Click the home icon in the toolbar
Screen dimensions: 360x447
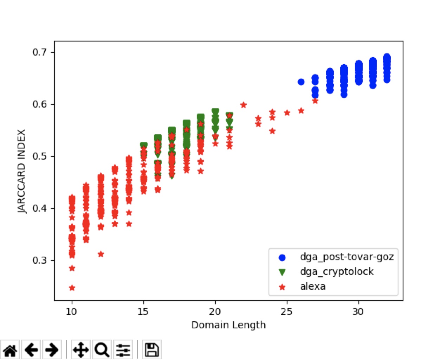pos(10,350)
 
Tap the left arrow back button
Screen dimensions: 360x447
pos(31,350)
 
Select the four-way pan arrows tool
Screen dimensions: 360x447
pos(81,350)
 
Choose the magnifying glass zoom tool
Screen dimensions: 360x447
pos(102,350)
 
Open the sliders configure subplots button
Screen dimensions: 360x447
pos(123,350)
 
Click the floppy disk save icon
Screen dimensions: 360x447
pos(152,350)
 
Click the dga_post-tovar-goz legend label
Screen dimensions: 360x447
pos(346,257)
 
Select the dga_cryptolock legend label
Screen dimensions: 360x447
pos(337,272)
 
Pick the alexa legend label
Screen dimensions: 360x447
pos(313,287)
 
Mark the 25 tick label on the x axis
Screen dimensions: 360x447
pos(287,311)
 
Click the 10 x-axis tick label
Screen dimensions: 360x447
pos(71,311)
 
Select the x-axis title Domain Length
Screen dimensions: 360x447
pos(228,325)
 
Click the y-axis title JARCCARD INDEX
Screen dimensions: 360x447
pos(22,171)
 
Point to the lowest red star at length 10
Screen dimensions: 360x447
pos(72,288)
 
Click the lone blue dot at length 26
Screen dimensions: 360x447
pos(301,82)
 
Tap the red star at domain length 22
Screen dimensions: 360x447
pos(244,105)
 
